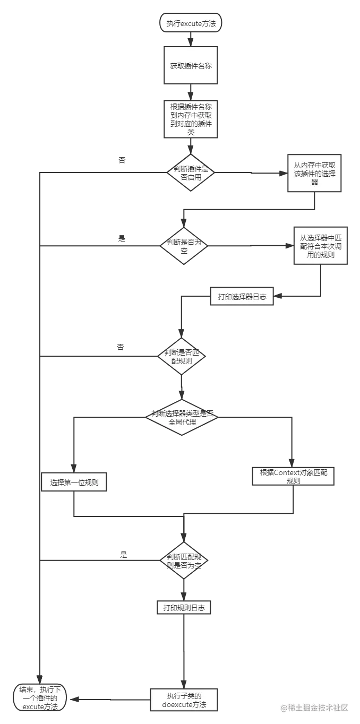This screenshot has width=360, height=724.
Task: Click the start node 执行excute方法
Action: pos(191,23)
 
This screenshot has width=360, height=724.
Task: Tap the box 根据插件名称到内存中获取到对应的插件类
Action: pos(191,118)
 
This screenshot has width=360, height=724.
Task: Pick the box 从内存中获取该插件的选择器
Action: pos(314,173)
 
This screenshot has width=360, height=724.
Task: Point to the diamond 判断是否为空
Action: pos(184,246)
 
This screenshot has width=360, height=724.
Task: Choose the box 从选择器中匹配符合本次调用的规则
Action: pos(321,246)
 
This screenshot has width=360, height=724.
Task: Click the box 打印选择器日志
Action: pos(242,297)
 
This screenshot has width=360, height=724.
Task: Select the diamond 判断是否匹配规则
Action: pos(181,357)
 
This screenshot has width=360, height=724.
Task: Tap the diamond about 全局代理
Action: pos(182,417)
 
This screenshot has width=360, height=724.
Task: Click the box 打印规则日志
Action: pos(184,607)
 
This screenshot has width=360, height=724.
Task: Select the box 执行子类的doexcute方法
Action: pos(184,700)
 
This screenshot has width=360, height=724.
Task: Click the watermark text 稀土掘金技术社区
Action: pos(314,707)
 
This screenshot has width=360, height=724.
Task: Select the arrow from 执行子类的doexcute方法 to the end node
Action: pos(112,699)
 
